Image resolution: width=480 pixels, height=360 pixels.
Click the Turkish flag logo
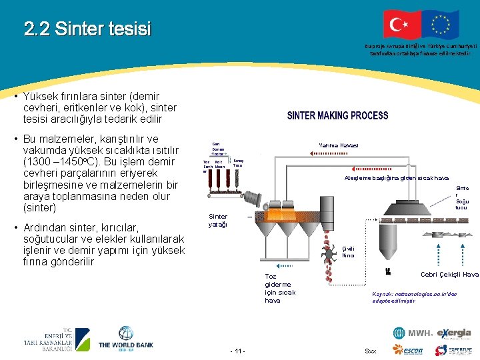pos(402,25)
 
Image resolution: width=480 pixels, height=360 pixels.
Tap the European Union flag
pos(440,25)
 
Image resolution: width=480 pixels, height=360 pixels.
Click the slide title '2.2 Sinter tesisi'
pos(87,29)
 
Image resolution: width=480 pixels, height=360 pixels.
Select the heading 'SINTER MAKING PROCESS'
pos(337,115)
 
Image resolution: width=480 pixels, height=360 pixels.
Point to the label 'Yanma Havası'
pos(338,145)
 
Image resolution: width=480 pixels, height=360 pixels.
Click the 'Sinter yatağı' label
pos(218,221)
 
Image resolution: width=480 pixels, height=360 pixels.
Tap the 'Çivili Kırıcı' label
pos(348,251)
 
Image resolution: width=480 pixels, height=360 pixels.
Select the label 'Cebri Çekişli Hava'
pos(449,275)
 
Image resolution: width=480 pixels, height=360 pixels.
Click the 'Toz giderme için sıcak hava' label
pos(280,288)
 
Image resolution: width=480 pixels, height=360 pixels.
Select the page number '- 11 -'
pos(237,351)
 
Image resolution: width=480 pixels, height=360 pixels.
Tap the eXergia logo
pos(454,333)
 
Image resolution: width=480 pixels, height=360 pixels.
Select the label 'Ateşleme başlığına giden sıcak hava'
pos(396,178)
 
